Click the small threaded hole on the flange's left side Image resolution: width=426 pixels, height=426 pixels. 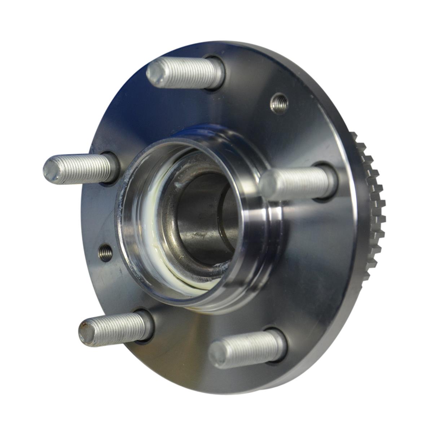(105, 253)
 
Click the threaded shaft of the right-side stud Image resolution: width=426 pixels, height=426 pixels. (299, 182)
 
